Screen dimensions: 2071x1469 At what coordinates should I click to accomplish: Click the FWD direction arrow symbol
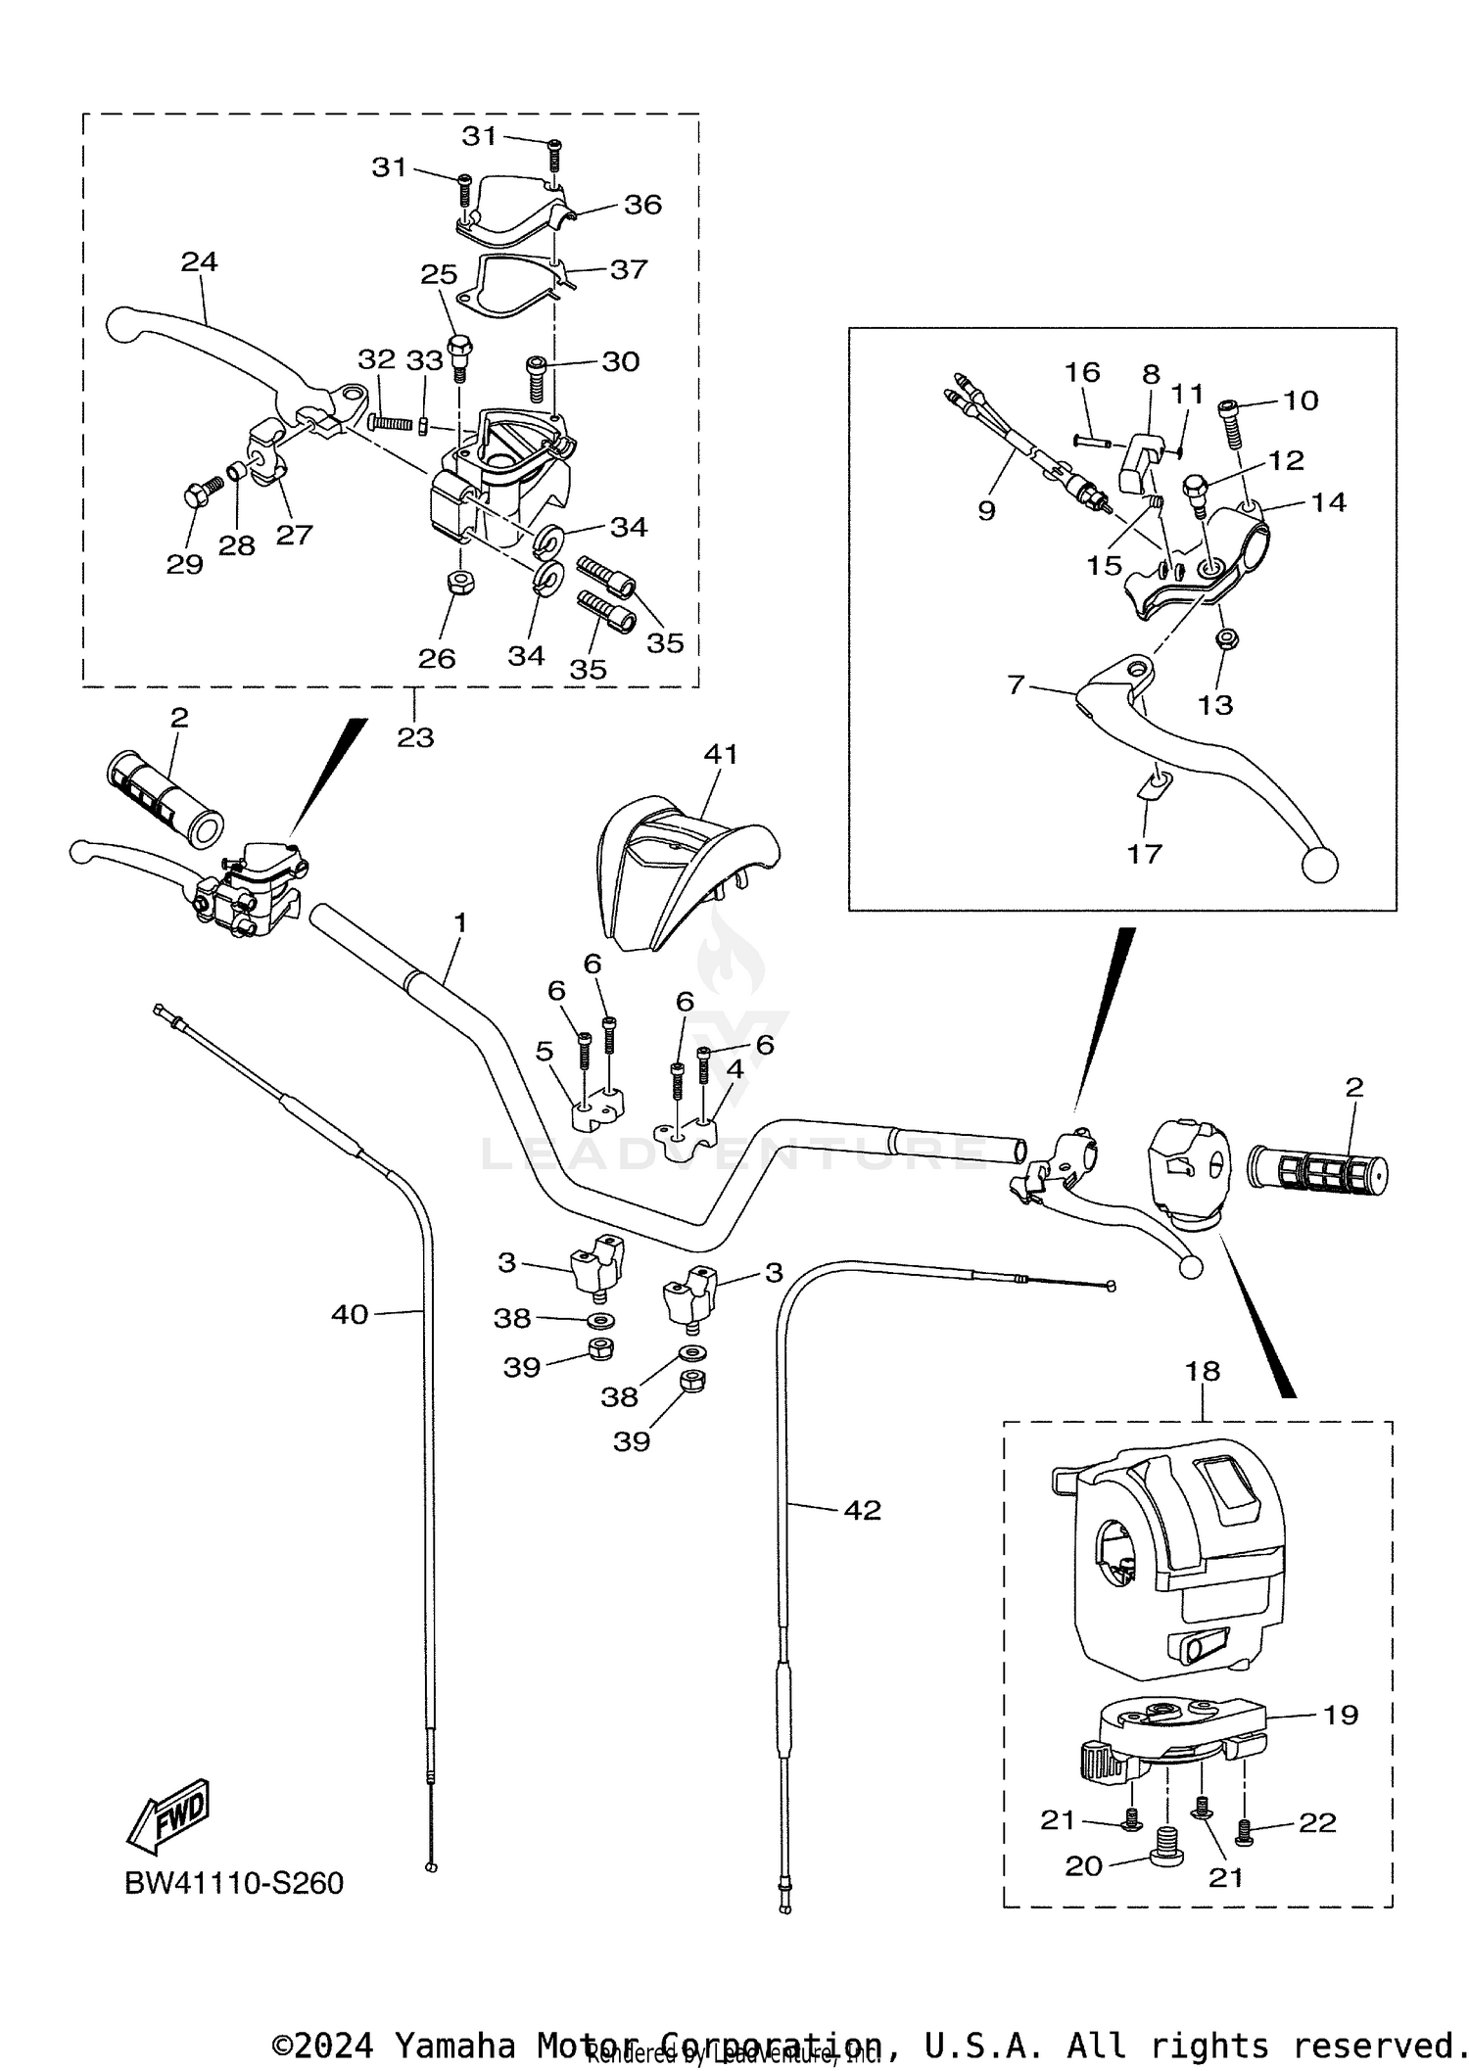pyautogui.click(x=168, y=1814)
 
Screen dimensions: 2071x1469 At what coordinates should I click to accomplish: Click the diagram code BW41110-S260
pyautogui.click(x=234, y=1883)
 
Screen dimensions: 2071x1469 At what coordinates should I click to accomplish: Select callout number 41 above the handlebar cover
pyautogui.click(x=721, y=754)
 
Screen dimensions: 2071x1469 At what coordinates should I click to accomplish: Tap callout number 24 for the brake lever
pyautogui.click(x=199, y=261)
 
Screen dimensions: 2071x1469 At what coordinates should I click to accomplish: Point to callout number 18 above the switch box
pyautogui.click(x=1203, y=1371)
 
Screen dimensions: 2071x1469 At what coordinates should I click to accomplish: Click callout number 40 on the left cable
pyautogui.click(x=350, y=1314)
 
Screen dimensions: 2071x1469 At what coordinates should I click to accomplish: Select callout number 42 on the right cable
pyautogui.click(x=862, y=1510)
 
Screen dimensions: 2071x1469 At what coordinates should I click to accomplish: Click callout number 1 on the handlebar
pyautogui.click(x=460, y=923)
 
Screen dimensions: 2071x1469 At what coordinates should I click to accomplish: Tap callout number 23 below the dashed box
pyautogui.click(x=415, y=736)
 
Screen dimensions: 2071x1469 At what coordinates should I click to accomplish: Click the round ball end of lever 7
pyautogui.click(x=1319, y=864)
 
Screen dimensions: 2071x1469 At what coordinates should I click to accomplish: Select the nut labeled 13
pyautogui.click(x=1224, y=638)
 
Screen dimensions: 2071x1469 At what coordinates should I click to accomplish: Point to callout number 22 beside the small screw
pyautogui.click(x=1317, y=1822)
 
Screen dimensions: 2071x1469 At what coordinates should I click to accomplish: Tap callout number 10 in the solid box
pyautogui.click(x=1301, y=400)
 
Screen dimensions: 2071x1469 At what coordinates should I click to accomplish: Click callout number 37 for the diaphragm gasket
pyautogui.click(x=628, y=268)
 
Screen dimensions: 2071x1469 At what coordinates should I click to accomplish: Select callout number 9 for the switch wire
pyautogui.click(x=986, y=509)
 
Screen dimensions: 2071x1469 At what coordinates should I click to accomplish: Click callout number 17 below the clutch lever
pyautogui.click(x=1143, y=853)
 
